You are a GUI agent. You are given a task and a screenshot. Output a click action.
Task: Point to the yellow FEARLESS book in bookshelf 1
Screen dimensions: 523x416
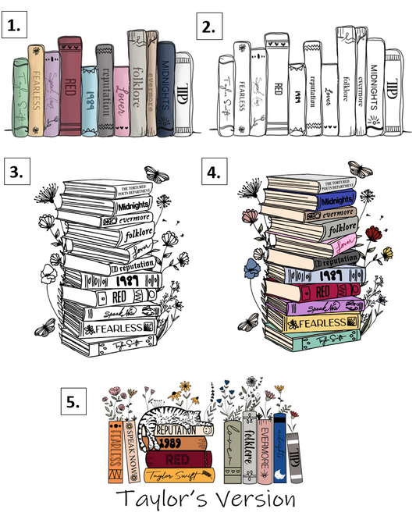click(36, 87)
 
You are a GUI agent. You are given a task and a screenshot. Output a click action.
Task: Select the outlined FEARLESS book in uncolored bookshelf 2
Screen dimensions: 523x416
click(241, 90)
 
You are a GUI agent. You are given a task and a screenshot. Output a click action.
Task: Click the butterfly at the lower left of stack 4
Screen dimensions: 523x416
click(249, 322)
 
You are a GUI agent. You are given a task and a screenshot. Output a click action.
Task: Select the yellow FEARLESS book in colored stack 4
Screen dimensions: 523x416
click(318, 323)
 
